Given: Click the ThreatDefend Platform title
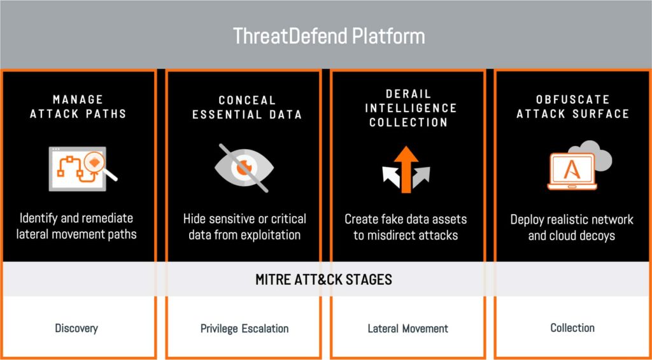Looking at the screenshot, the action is click(329, 36).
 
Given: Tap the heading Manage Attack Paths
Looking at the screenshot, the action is click(78, 107).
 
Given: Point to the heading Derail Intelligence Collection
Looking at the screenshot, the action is click(411, 108).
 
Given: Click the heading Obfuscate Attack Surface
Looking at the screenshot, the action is click(572, 107).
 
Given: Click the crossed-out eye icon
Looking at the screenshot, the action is click(244, 168).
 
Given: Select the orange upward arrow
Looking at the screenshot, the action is click(406, 169).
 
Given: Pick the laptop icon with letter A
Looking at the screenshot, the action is click(572, 171).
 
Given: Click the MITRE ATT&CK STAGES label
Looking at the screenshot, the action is click(323, 279).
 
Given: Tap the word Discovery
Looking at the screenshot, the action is click(76, 328).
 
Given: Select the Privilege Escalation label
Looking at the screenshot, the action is click(244, 328).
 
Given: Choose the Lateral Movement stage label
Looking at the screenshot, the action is click(408, 328).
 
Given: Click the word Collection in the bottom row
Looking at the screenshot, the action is click(572, 328).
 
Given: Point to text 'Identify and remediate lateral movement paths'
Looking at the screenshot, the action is click(76, 226).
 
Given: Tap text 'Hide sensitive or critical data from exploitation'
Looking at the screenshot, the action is click(244, 227).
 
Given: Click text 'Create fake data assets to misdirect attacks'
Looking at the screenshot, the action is click(406, 227).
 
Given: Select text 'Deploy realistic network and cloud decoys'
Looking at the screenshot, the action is click(572, 227).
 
